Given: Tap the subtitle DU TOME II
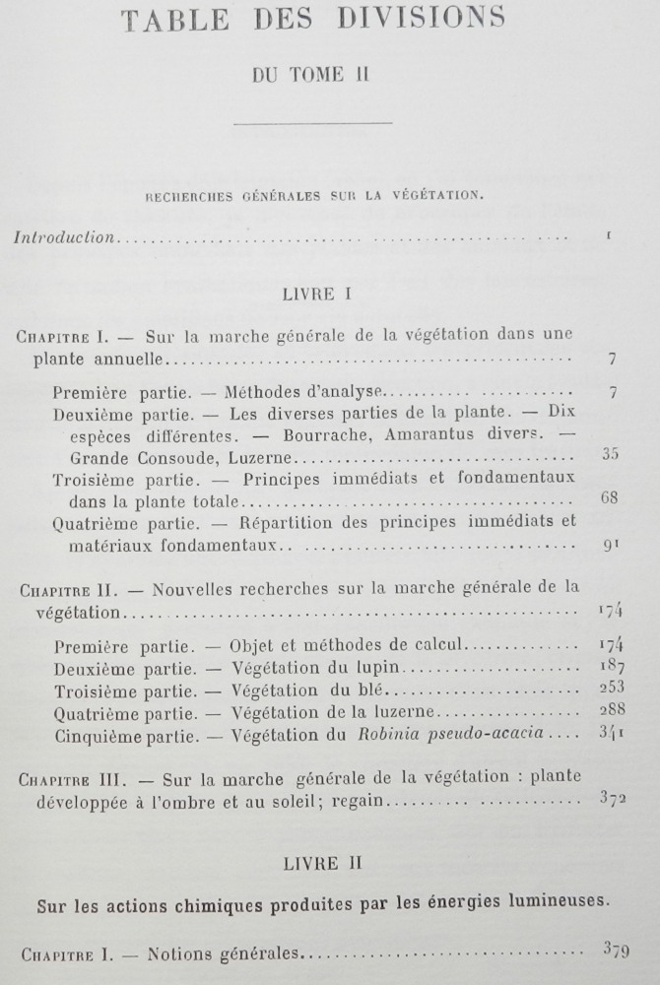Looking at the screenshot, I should [309, 75].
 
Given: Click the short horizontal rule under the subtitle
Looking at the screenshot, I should [313, 122].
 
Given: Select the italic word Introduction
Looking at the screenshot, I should [64, 237].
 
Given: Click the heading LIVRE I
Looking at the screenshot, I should [310, 294].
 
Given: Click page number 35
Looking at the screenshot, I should [610, 454].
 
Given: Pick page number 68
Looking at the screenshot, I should [609, 497].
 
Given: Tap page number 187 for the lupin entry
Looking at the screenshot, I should [611, 667].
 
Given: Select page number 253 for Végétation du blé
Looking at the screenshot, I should [611, 687].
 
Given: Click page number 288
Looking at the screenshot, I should [611, 709].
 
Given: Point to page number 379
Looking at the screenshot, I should [615, 951].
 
